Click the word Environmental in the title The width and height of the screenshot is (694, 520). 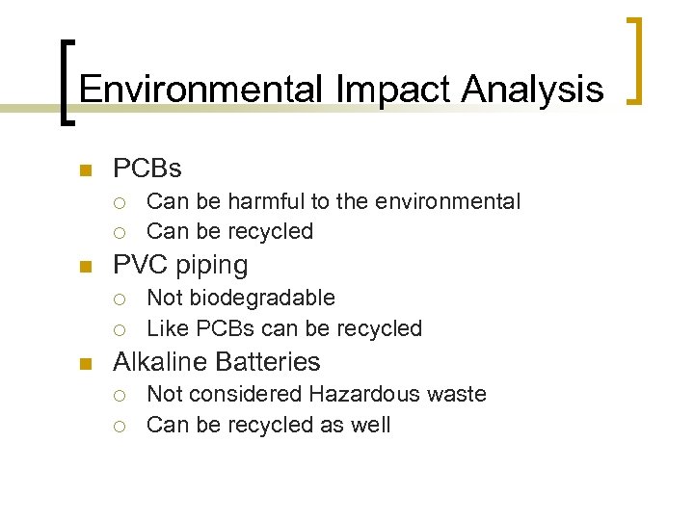point(200,90)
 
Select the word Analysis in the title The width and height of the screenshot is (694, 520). point(532,90)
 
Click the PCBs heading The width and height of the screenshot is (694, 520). point(147,169)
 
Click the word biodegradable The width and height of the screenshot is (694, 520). point(262,299)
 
